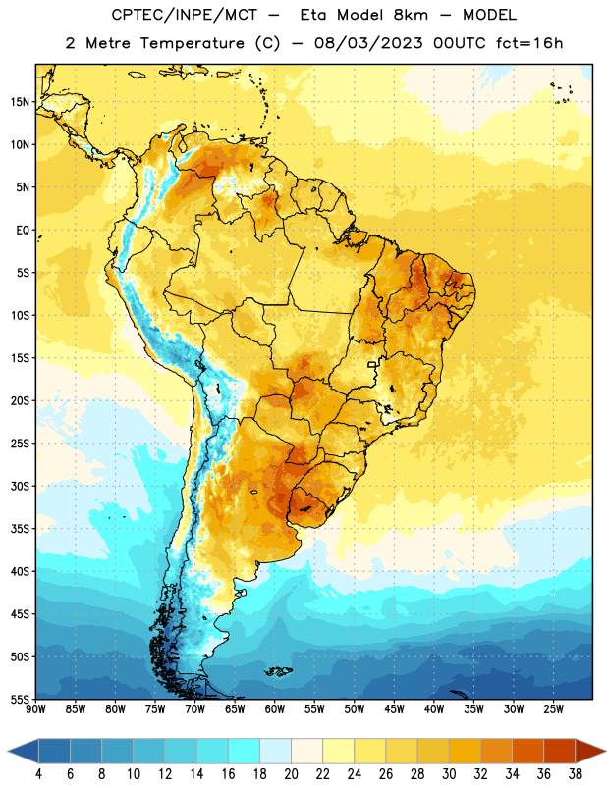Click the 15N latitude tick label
[20, 102]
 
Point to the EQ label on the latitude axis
[23, 231]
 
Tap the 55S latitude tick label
[20, 699]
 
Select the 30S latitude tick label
[20, 486]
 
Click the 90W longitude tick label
[35, 709]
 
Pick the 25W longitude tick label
[553, 709]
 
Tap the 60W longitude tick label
[275, 709]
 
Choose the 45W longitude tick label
[394, 709]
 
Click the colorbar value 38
[575, 774]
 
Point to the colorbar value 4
[38, 774]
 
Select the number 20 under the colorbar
[291, 774]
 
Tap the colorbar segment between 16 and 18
[245, 752]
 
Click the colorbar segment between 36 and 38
[560, 752]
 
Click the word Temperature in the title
[192, 43]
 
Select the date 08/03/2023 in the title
[368, 43]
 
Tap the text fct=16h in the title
[529, 43]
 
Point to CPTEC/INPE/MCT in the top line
[184, 15]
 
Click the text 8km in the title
[411, 15]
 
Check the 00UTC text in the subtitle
[459, 43]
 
